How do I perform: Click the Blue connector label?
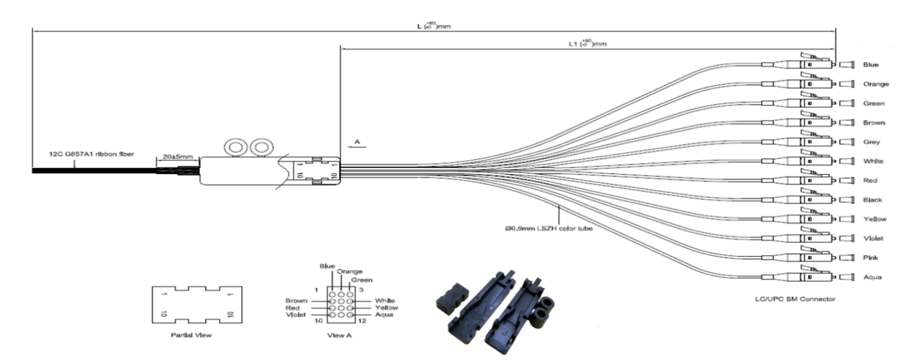pos(870,64)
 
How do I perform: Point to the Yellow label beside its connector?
pos(874,219)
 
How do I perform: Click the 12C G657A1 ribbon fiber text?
pos(91,154)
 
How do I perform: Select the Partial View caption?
pos(190,334)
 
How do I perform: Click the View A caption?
pos(340,335)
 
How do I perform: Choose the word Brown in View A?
pos(297,300)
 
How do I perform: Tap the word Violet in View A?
pos(297,314)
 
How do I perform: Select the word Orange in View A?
pos(350,272)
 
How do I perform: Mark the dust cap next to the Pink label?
pos(846,257)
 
